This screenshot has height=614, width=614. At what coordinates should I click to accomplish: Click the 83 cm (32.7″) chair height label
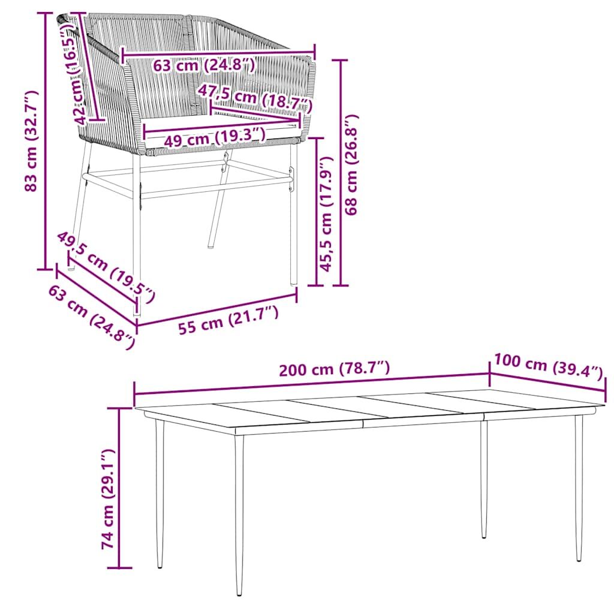coord(31,141)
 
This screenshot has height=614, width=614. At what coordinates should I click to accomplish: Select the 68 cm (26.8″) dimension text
coord(351,164)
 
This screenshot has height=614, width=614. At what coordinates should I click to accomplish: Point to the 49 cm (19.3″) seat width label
coord(215,138)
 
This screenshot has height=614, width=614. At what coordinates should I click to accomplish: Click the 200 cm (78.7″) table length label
coord(335,369)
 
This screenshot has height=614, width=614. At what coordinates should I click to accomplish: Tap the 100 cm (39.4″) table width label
coord(548,366)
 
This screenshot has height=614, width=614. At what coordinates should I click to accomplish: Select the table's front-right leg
coord(579,487)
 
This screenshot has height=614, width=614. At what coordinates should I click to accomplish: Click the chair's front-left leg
coord(137,235)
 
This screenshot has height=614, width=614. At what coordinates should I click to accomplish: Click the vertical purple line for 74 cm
coord(120,487)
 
